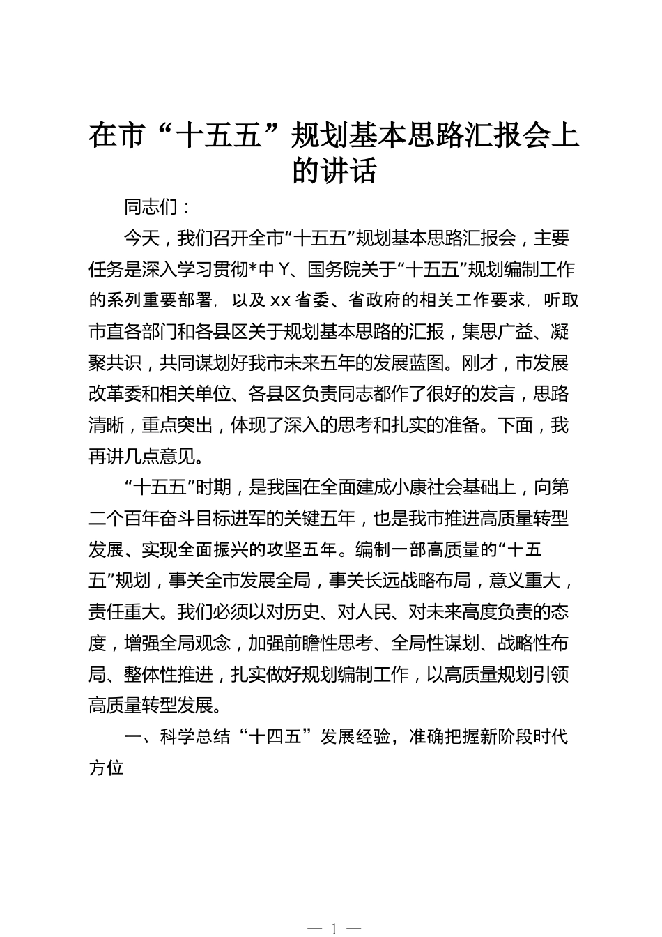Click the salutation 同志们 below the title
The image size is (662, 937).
pos(151,207)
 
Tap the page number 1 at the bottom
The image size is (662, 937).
pos(334,928)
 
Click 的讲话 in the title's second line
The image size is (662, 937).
pos(334,171)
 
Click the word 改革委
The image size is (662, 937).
pos(114,395)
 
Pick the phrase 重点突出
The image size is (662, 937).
pos(177,425)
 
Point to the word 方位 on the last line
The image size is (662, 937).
pos(106,768)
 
